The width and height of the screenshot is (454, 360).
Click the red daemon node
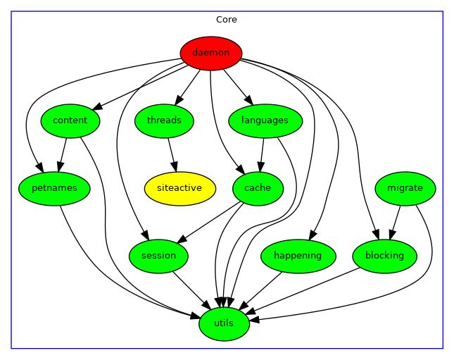(211, 53)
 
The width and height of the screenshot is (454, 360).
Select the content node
(70, 120)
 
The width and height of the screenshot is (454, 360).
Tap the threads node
(164, 120)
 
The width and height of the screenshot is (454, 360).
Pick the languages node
(265, 120)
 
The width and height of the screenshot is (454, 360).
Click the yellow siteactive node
(179, 188)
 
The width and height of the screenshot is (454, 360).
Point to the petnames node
(53, 188)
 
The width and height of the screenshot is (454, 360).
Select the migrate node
(405, 188)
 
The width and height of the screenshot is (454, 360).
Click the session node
(158, 256)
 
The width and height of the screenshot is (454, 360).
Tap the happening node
(297, 256)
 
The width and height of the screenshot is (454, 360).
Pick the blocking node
(385, 256)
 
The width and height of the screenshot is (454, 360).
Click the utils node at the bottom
(224, 323)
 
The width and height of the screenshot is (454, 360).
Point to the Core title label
(227, 20)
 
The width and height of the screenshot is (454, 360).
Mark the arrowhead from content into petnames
(59, 167)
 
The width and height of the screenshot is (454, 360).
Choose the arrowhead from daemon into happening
(314, 235)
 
